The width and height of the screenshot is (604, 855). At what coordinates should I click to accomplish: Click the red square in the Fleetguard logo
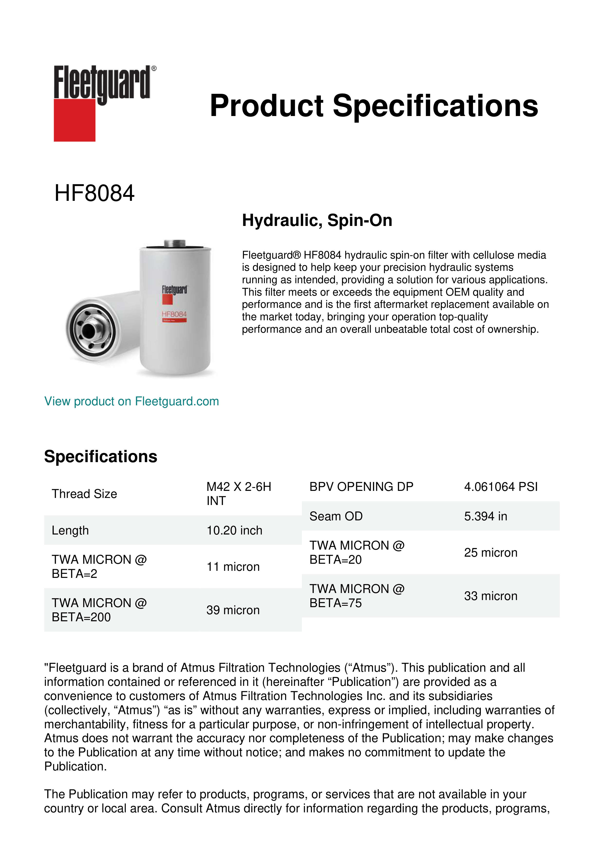[74, 120]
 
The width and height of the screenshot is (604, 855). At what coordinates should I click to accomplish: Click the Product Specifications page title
[374, 106]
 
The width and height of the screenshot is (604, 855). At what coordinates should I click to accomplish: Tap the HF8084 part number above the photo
[94, 193]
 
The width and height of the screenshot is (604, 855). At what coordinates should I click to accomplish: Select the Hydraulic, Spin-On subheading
[317, 220]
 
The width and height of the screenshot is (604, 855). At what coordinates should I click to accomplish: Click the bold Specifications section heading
[100, 457]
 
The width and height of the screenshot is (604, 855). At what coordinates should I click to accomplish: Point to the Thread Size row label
[84, 494]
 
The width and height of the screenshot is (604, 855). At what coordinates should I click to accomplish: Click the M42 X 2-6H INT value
[239, 494]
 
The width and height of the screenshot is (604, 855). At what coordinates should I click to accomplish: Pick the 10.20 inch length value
[234, 530]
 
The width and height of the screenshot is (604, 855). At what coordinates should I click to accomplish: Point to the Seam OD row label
[336, 516]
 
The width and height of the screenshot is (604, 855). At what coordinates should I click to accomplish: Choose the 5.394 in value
[485, 516]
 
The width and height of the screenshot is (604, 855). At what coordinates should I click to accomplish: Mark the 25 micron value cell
[491, 553]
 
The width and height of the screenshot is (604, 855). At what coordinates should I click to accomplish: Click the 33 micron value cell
[491, 596]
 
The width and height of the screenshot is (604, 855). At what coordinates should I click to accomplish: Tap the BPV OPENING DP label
[361, 487]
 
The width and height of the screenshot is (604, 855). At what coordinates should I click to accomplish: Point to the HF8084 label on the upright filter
[174, 314]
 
